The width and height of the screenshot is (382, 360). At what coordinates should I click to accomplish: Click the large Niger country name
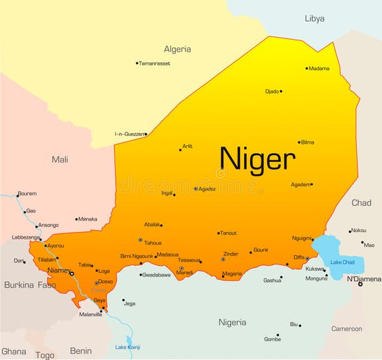[x=257, y=159]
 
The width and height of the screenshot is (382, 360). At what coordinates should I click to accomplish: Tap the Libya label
[x=314, y=19]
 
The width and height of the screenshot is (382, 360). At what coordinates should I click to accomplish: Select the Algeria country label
[x=177, y=49]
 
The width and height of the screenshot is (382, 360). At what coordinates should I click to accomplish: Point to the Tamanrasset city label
[x=155, y=63]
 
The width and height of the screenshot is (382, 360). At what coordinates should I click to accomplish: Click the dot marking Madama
[x=307, y=68]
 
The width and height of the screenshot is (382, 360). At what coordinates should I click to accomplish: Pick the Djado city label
[x=271, y=91]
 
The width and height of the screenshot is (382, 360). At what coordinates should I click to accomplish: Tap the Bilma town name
[x=308, y=142]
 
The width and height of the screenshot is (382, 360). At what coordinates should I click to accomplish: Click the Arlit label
[x=188, y=146]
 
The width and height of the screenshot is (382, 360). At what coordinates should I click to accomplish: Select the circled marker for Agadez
[x=196, y=189]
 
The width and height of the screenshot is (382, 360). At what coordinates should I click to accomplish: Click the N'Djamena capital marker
[x=360, y=284]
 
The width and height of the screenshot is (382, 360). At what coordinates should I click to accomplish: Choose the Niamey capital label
[x=58, y=270]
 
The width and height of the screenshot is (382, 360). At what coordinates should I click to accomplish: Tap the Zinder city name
[x=230, y=253]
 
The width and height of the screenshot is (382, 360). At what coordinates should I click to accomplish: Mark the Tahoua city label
[x=153, y=243]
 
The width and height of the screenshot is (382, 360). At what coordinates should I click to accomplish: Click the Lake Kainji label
[x=127, y=347]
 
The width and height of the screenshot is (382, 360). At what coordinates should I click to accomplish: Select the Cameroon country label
[x=347, y=328]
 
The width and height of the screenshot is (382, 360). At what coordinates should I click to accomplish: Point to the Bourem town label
[x=27, y=194]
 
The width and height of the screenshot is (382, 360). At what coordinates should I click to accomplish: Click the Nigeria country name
[x=232, y=322]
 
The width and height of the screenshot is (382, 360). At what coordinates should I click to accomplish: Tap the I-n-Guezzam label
[x=129, y=134]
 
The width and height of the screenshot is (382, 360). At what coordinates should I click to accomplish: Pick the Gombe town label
[x=272, y=339]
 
